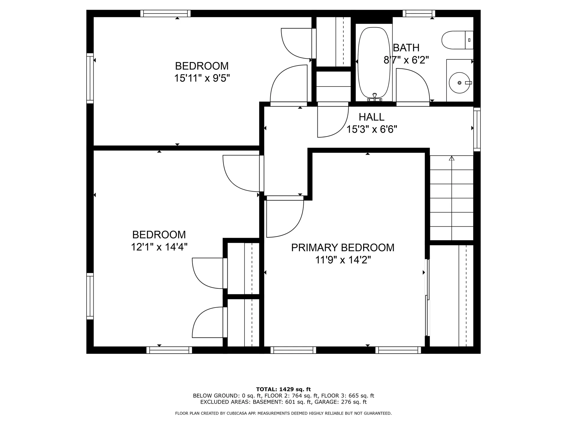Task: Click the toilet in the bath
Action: [x=457, y=40]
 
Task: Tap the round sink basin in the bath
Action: [x=460, y=83]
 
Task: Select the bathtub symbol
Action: [x=374, y=63]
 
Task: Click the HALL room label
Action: [x=372, y=117]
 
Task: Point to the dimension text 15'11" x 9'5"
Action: [x=202, y=78]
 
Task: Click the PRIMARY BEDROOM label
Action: [x=343, y=248]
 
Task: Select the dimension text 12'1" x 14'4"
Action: [x=159, y=247]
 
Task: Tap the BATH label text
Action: [x=406, y=48]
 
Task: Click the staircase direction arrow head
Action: [x=452, y=158]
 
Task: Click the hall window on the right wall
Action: [x=477, y=130]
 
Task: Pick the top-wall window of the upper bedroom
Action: [x=165, y=14]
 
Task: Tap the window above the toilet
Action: [x=419, y=14]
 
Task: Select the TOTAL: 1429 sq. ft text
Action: [x=283, y=389]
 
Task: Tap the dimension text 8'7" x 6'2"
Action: [x=406, y=60]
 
